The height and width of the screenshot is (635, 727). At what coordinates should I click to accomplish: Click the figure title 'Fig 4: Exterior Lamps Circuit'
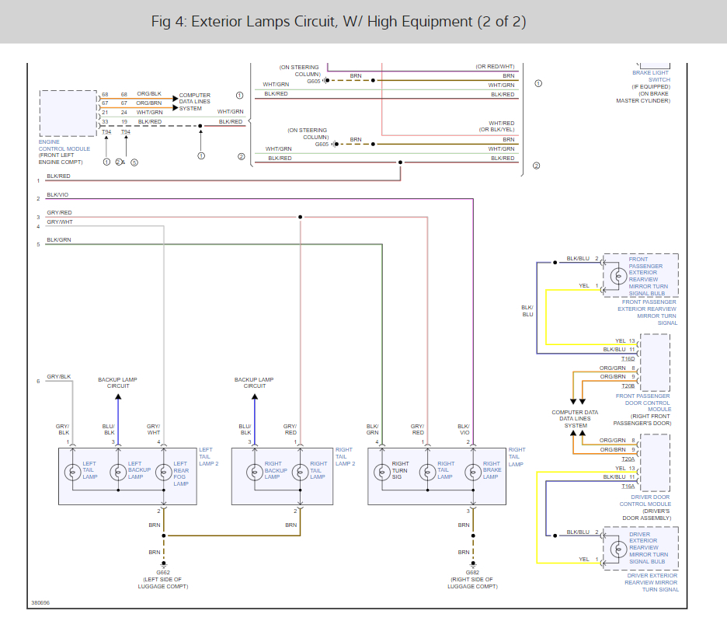pos(339,22)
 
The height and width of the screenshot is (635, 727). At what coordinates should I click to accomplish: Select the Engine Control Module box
pos(68,113)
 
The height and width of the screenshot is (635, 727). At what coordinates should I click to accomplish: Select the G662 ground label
pos(163,572)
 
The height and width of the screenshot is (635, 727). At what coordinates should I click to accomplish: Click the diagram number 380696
pos(40,602)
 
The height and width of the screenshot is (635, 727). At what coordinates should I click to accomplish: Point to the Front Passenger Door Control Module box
pos(655,362)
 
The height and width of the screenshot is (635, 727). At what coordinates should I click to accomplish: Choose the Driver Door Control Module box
pos(655,462)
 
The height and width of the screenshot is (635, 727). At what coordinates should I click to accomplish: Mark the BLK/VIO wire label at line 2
pos(57,194)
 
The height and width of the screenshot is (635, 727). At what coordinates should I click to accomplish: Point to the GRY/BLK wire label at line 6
pos(58,377)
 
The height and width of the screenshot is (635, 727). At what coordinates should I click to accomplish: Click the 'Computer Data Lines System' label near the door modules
pos(575,419)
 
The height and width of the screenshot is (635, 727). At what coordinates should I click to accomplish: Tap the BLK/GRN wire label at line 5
pos(58,240)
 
